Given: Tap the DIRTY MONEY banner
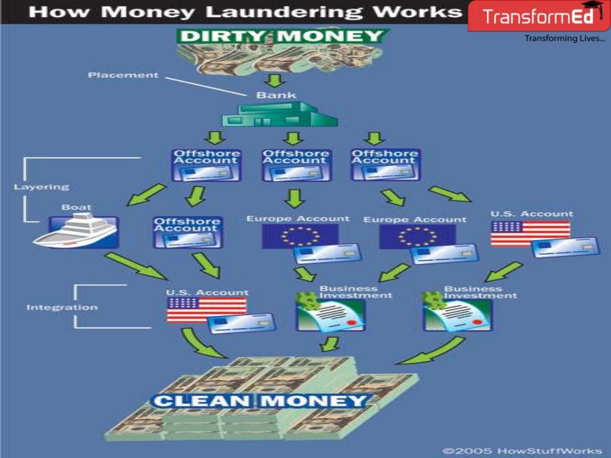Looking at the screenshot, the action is tap(281, 36).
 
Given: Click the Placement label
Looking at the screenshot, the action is tap(123, 75).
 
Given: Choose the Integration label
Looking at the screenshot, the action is tap(61, 308).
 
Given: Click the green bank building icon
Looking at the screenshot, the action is tap(280, 114).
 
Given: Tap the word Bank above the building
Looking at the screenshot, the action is tap(276, 95).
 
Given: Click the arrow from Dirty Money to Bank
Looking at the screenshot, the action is tap(276, 80).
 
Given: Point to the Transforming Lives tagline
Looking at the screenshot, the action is tap(564, 39).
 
